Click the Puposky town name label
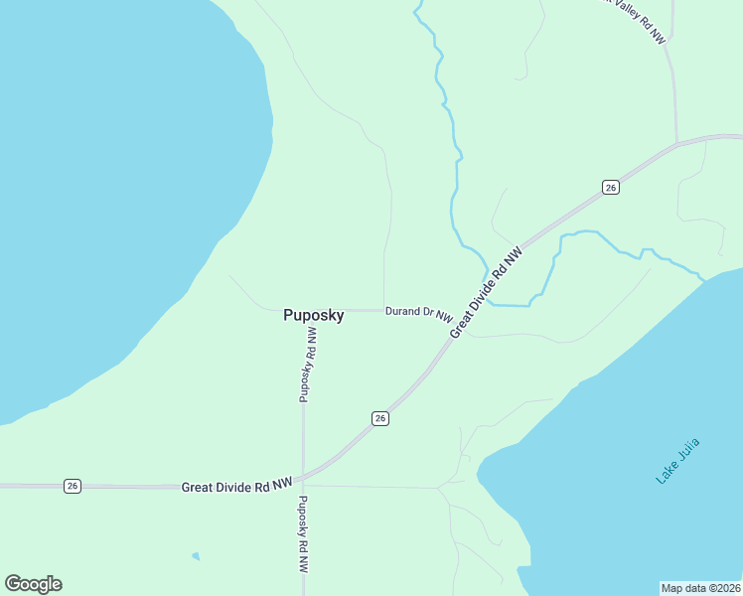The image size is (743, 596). (x=314, y=316)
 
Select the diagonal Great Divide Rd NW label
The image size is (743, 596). (x=486, y=292)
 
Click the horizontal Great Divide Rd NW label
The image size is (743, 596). (x=237, y=486)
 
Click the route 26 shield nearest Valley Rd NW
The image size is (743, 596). (x=611, y=187)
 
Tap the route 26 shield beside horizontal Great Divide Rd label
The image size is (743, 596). (x=73, y=486)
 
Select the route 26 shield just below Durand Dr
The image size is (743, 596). (x=380, y=418)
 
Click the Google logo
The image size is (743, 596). (x=33, y=584)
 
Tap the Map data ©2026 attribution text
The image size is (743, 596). (x=700, y=588)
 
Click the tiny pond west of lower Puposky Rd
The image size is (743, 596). (x=196, y=555)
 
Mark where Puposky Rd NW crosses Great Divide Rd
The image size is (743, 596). (x=304, y=477)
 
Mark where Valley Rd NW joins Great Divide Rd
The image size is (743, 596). (x=676, y=145)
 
